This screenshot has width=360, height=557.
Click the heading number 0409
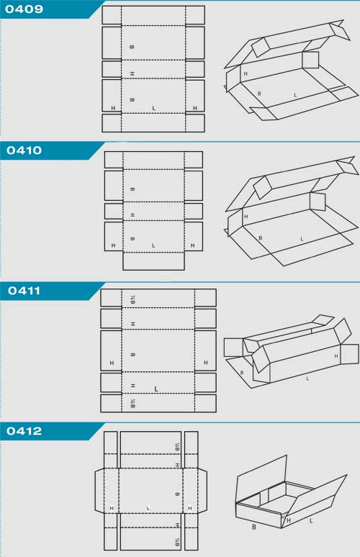pos(24,9)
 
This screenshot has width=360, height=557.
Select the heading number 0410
pos(24,150)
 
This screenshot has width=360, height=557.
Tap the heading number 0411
pos(24,291)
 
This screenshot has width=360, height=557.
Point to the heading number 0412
pos(24,431)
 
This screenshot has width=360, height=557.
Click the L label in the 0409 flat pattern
pos(153,108)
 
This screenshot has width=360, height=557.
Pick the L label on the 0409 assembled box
pos(295,95)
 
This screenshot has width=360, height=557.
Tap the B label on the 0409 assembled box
pos(259,94)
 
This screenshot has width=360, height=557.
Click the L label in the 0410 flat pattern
pos(153,245)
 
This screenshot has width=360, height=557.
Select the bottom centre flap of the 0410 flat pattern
pos(153,261)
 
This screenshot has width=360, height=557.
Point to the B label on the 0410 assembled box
pos(261,238)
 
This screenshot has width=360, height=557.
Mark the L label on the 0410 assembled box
pos(302,239)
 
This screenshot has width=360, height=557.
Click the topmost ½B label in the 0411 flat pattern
pos(132,299)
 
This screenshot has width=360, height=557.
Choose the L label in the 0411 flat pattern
pos(156,389)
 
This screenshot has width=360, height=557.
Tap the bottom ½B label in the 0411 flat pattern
pos(132,404)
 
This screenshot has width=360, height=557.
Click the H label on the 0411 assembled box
pos(336,356)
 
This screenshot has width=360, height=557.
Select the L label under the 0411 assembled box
pos(307,379)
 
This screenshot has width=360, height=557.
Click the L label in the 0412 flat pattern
pos(148,508)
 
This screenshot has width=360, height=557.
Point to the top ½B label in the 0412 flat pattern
pos(177,447)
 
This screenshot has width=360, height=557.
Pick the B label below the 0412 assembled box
pos(253,527)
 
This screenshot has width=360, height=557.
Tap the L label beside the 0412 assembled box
pos(311,521)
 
